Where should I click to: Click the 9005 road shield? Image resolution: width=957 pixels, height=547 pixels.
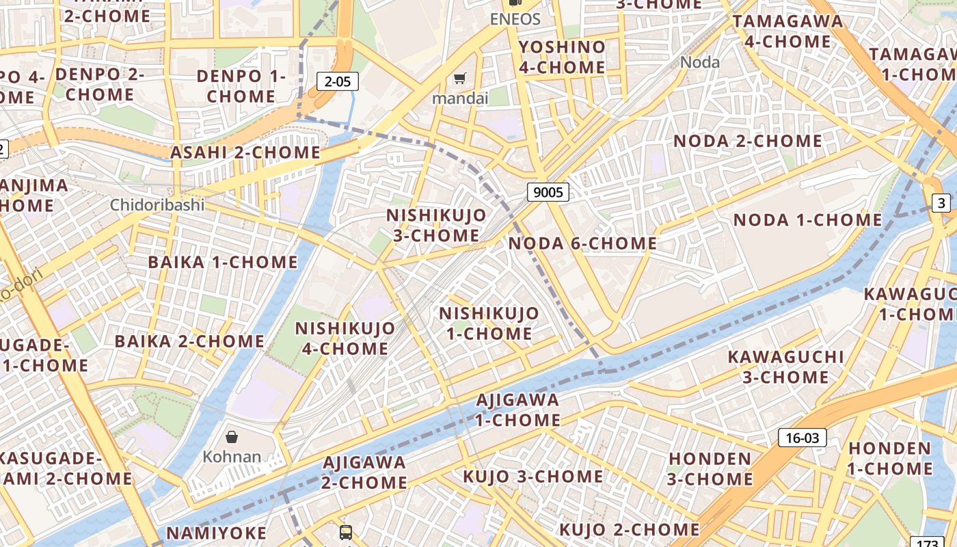(548, 192)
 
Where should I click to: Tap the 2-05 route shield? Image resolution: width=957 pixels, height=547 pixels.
(338, 82)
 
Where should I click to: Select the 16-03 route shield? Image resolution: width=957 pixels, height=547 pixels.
(803, 438)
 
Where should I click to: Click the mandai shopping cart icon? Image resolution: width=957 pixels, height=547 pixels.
(460, 79)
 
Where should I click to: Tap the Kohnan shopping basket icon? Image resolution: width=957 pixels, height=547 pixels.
(232, 436)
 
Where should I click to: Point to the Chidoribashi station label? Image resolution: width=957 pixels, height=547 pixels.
(157, 204)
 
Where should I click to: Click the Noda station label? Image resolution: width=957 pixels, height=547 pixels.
(700, 62)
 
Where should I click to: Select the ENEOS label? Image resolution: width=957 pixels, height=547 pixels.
(515, 18)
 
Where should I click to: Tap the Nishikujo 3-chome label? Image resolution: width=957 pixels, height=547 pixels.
(436, 225)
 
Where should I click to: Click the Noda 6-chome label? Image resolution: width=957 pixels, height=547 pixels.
(582, 243)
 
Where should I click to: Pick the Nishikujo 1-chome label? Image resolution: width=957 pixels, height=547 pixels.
(489, 323)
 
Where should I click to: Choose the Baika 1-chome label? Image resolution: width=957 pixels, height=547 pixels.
(223, 262)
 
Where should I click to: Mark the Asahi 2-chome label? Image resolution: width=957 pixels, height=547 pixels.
(245, 152)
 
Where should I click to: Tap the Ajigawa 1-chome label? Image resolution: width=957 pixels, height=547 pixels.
(517, 410)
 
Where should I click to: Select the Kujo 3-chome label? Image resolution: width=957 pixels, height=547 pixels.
(533, 477)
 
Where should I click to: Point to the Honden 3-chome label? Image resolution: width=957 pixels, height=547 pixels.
(710, 468)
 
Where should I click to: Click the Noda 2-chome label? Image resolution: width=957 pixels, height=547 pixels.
(748, 141)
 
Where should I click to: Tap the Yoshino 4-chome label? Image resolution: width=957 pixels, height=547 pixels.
(562, 57)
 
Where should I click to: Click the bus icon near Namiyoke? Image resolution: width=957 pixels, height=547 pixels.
(346, 532)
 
